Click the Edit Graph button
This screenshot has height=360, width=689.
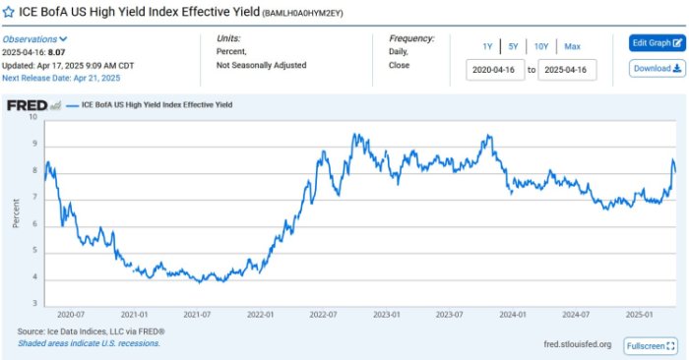[x=657, y=43]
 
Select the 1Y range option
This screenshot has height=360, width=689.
[x=487, y=46]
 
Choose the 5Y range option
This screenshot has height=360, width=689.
[x=514, y=46]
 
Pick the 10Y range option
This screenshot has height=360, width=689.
[x=541, y=46]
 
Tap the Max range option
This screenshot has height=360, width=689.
[x=572, y=46]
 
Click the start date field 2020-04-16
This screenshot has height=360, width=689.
[x=495, y=71]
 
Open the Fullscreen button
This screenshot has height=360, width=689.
[x=651, y=346]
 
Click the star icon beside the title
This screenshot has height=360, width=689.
[x=9, y=12]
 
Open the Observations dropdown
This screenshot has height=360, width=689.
[x=34, y=38]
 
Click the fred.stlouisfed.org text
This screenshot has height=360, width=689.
[x=577, y=344]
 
